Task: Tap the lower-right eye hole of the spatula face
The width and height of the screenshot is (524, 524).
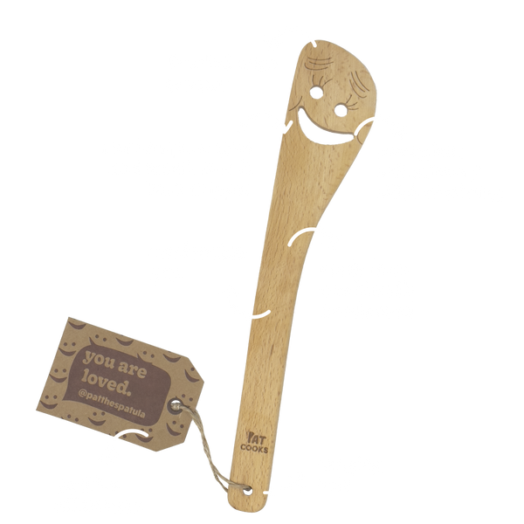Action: (x=341, y=110)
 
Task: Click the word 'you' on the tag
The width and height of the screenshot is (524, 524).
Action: (x=99, y=360)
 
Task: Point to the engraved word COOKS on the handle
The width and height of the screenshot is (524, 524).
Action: (x=254, y=449)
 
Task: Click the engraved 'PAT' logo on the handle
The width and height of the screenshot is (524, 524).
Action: (x=256, y=438)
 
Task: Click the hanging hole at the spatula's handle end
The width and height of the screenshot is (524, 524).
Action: (x=248, y=491)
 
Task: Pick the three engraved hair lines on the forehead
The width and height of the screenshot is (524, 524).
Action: (x=320, y=62)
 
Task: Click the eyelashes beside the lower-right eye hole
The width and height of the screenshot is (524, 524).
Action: (x=352, y=102)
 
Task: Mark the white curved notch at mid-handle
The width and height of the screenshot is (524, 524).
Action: (x=261, y=314)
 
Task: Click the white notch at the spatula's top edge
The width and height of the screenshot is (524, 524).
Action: (x=314, y=45)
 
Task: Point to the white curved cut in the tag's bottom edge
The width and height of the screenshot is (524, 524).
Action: (x=131, y=434)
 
